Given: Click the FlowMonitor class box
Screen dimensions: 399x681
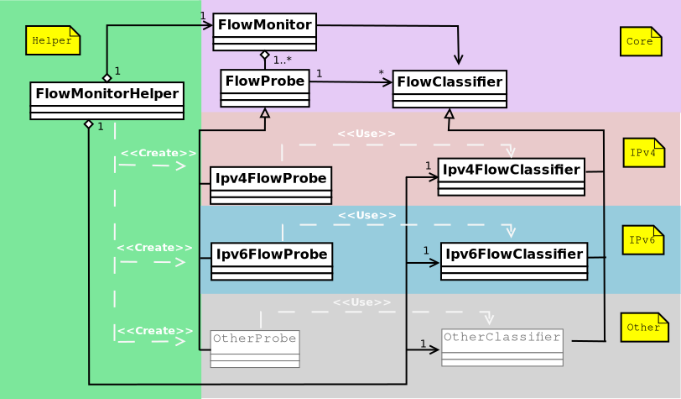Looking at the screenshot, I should (264, 32).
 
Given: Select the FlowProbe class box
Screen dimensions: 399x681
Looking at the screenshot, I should (265, 88).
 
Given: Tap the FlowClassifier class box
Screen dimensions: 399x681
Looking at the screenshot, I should (450, 89).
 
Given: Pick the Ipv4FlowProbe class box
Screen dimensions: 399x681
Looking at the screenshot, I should (271, 185).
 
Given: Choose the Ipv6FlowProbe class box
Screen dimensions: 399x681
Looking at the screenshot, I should (272, 261).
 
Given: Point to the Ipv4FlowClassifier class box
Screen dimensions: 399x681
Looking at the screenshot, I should (511, 176).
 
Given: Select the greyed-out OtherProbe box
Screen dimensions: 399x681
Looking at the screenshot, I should (255, 349).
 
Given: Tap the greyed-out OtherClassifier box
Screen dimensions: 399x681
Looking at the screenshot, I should (502, 347).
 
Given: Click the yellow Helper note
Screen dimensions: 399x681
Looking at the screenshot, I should (53, 40).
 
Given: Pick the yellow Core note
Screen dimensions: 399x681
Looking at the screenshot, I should (641, 41).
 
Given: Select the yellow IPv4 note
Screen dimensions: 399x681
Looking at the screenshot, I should (643, 152).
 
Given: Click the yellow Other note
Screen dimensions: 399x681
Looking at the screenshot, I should (644, 327).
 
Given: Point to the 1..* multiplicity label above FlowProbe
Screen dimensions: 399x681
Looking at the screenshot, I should (282, 60).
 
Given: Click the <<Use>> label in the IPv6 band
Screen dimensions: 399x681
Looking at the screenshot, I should (366, 216).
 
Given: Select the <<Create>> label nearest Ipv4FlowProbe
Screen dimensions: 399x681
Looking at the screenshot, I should (158, 153).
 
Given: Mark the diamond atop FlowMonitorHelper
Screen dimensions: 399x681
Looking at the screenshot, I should (107, 77).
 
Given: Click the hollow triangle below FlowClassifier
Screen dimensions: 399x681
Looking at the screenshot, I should (449, 113).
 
